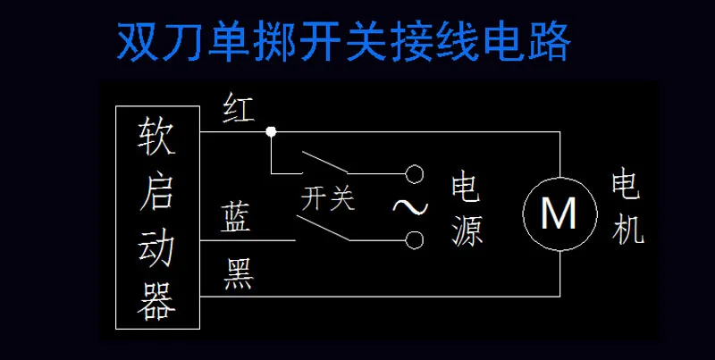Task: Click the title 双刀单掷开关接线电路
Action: [344, 39]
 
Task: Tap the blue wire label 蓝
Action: [237, 217]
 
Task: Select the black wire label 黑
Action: [239, 274]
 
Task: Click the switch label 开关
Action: [328, 198]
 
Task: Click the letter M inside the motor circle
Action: [559, 213]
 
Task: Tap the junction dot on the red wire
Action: [271, 132]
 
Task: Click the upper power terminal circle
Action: [413, 172]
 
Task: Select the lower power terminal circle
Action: [413, 239]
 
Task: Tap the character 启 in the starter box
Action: [156, 191]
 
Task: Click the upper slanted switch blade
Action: [324, 163]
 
